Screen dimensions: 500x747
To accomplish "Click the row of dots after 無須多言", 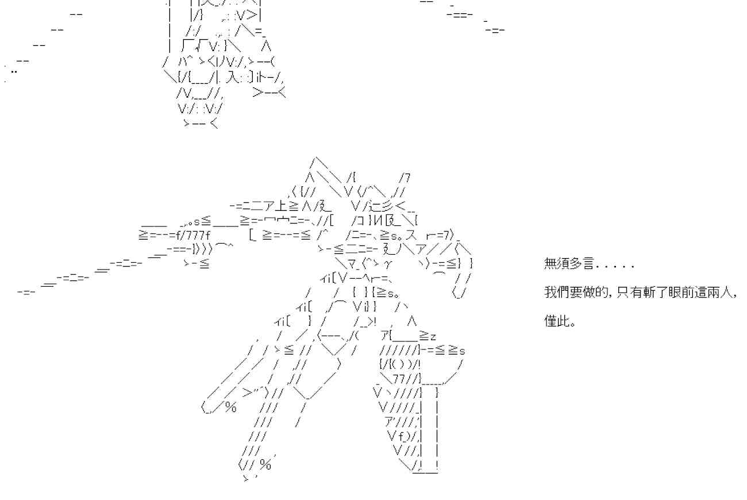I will (616, 267).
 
